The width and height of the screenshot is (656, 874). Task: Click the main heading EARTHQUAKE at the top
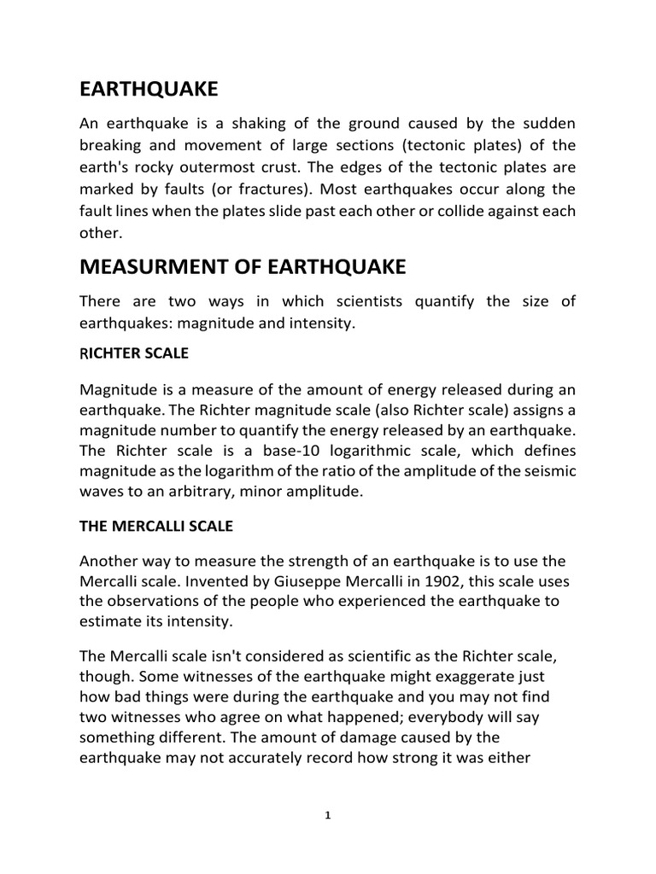point(149,90)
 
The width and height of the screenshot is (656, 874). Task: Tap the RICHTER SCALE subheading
point(134,353)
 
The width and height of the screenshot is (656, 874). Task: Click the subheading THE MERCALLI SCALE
point(155,527)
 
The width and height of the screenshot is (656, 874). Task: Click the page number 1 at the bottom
point(327,816)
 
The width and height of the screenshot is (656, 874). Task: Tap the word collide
point(466,209)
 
